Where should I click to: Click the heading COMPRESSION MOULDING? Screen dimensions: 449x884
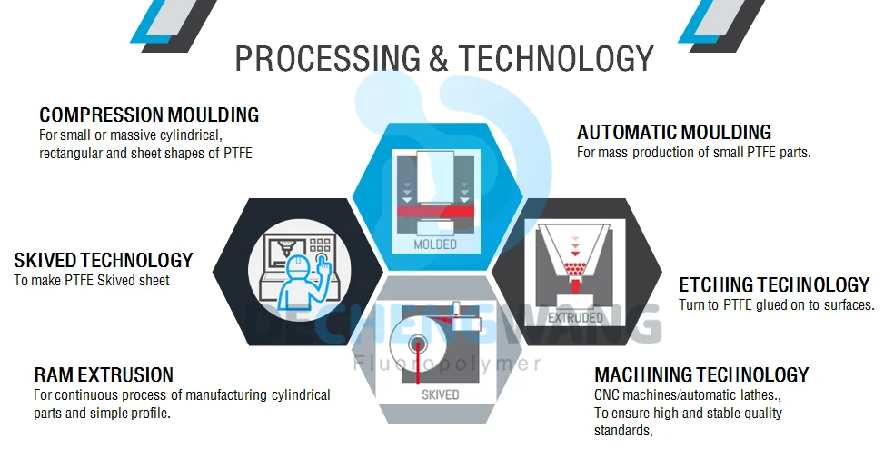tap(149, 115)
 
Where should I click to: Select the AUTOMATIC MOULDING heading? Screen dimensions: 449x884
tap(674, 132)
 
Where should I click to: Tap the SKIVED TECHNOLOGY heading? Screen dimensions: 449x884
tap(104, 260)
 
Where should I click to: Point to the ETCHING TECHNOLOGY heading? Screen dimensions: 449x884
tap(774, 285)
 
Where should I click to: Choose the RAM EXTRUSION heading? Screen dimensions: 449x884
tap(104, 374)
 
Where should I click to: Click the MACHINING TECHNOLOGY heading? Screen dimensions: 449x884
tap(701, 374)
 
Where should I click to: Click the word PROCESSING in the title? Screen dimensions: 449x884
tap(328, 58)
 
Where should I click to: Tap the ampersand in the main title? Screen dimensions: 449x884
tap(438, 58)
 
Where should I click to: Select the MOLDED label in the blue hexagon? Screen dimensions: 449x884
tap(435, 244)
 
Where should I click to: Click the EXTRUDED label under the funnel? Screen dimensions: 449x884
tap(576, 318)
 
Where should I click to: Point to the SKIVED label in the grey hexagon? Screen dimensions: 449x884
tap(440, 394)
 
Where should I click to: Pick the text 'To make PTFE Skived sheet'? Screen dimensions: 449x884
tap(92, 280)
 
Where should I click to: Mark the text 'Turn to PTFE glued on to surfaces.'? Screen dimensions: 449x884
tap(776, 305)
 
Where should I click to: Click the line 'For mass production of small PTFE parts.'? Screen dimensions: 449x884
tap(693, 153)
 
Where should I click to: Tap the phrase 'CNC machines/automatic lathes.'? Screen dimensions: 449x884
tap(688, 396)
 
